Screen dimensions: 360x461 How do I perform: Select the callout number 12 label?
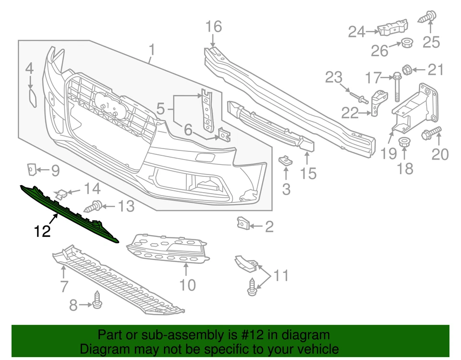tap(42, 232)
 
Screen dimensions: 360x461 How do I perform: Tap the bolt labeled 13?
tap(93, 207)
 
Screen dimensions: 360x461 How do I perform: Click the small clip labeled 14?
tap(61, 194)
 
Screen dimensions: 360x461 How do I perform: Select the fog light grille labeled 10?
tap(168, 249)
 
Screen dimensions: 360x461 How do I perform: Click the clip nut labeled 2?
tap(243, 223)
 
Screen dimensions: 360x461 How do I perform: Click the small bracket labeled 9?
tap(31, 169)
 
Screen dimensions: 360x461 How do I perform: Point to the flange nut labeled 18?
tap(404, 142)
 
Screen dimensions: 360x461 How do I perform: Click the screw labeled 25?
tap(427, 18)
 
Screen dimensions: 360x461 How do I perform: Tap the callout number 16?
tap(214, 27)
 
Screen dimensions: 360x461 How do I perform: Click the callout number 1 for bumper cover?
tap(152, 50)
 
